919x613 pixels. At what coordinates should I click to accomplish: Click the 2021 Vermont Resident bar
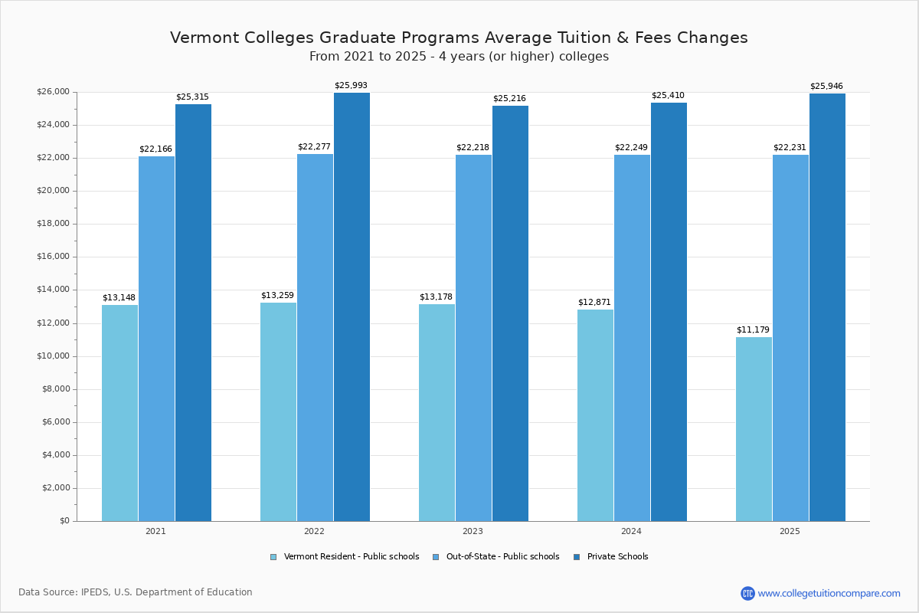119,413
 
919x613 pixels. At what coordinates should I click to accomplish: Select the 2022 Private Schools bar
352,306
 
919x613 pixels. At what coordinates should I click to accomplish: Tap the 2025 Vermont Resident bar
754,429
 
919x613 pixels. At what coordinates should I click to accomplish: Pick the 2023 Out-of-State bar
473,338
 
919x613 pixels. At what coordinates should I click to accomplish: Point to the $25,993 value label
351,85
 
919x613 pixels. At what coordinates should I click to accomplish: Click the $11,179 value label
753,329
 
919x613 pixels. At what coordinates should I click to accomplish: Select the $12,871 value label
594,302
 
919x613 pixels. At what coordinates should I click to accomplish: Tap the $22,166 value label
155,149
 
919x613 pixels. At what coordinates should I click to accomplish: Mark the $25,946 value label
826,86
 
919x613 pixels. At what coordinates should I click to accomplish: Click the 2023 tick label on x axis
473,531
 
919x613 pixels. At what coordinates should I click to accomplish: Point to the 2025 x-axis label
790,531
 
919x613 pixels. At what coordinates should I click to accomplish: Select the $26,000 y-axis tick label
53,92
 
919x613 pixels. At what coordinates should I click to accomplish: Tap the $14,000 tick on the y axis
53,290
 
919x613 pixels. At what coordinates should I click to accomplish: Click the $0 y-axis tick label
64,521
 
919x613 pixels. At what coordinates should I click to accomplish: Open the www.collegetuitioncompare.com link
829,593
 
